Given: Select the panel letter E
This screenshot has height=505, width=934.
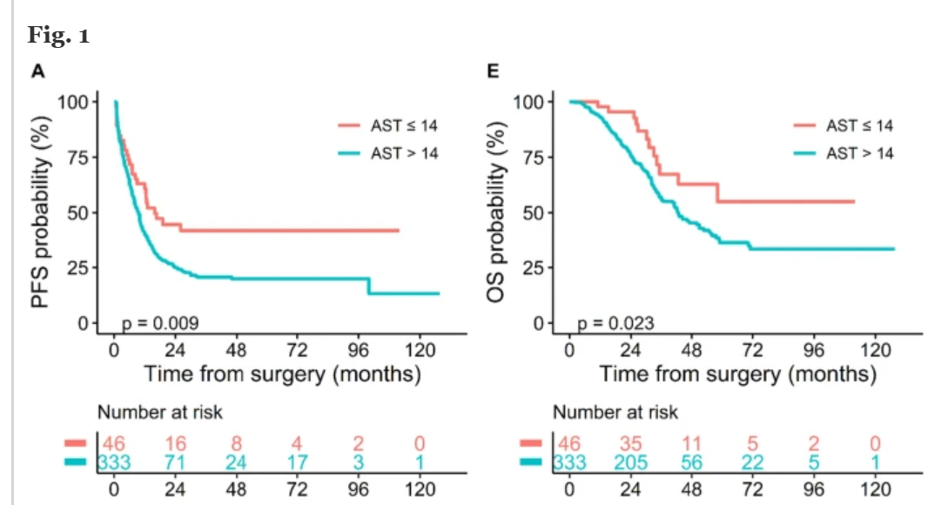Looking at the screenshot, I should (x=493, y=71).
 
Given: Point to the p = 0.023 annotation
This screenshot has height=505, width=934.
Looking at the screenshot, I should (x=616, y=324).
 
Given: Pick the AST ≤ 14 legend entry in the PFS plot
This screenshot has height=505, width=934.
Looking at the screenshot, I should (x=387, y=126).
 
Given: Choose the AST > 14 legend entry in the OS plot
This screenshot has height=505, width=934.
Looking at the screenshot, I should (x=843, y=153).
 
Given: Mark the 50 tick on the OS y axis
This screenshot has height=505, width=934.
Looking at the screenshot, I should (x=534, y=212).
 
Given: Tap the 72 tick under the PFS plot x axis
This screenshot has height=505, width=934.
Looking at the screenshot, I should (x=297, y=350).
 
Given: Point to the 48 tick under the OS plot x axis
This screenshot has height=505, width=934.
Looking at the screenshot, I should (x=691, y=350).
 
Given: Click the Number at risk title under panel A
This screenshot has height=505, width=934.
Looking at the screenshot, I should (x=159, y=412).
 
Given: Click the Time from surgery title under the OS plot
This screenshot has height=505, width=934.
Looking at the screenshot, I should (x=737, y=374).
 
